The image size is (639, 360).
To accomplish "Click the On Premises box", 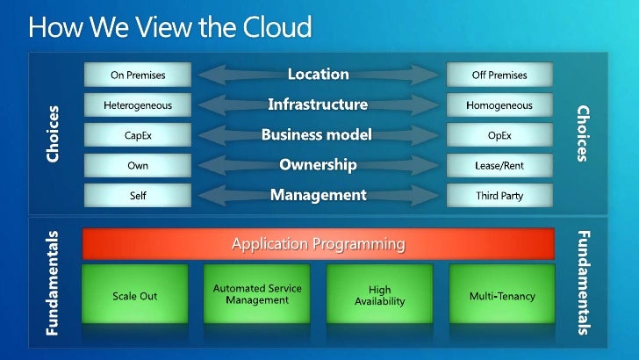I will [137, 76].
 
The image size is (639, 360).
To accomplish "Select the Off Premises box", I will [499, 76].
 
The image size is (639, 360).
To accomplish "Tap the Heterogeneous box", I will [137, 106].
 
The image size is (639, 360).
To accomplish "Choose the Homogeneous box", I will [499, 106].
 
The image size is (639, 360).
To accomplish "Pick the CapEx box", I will [137, 136].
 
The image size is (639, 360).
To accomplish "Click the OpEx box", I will [499, 136].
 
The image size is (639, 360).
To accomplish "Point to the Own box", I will [137, 165].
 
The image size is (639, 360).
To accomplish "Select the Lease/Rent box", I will [499, 165].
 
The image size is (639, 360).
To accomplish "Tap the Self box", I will [137, 195].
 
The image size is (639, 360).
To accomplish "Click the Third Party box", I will [499, 195].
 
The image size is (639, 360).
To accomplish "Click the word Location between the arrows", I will [318, 75].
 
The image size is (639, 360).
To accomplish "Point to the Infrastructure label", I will [318, 105].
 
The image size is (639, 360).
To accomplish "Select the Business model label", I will [317, 135].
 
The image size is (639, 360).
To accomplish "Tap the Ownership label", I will [318, 165].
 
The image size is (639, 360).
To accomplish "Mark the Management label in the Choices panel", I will [318, 195].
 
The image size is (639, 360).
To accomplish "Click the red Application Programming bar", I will [318, 243].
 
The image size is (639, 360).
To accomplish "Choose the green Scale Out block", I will [135, 296].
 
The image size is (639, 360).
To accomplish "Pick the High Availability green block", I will [380, 296].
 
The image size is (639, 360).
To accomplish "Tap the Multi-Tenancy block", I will [501, 296].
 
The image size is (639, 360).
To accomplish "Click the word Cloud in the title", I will [274, 27].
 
